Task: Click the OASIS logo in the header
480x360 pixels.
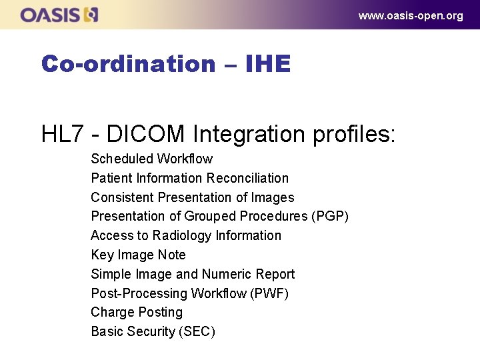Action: click(59, 15)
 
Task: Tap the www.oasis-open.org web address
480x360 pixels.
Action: click(410, 16)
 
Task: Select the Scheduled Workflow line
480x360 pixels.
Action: click(151, 159)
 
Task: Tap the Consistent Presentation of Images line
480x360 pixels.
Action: click(192, 197)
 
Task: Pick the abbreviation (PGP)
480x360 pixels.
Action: click(330, 216)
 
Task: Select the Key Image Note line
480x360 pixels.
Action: click(138, 255)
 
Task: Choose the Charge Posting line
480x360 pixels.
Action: click(136, 312)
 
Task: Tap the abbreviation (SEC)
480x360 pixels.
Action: click(196, 331)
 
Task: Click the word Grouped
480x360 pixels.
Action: click(209, 216)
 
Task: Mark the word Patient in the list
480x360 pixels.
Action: click(111, 178)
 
